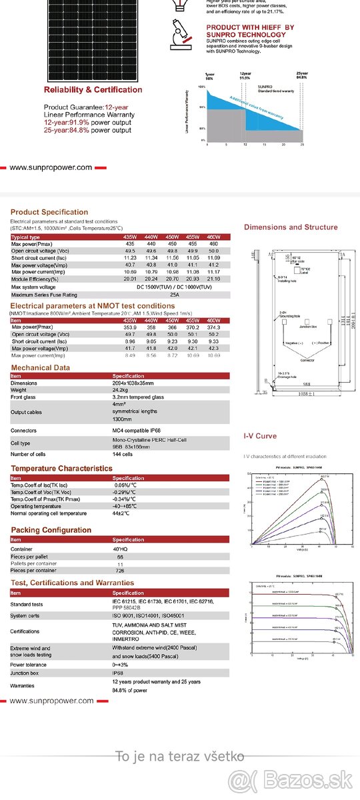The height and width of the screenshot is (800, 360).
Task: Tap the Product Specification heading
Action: (49, 212)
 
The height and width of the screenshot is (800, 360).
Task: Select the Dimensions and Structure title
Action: (291, 227)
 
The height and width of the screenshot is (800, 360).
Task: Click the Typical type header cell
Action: (26, 237)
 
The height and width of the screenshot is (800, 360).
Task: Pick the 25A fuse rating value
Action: (175, 294)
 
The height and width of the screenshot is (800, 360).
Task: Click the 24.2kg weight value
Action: (120, 390)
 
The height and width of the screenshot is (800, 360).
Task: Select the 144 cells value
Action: (122, 454)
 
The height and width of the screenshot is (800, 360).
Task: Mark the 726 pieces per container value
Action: (120, 571)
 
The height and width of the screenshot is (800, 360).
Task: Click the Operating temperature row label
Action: (36, 507)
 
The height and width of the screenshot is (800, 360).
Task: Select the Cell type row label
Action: (21, 443)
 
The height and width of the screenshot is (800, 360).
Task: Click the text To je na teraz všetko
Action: (180, 756)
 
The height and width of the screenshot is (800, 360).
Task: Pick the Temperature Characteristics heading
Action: (61, 469)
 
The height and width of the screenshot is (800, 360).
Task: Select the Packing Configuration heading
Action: (51, 531)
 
